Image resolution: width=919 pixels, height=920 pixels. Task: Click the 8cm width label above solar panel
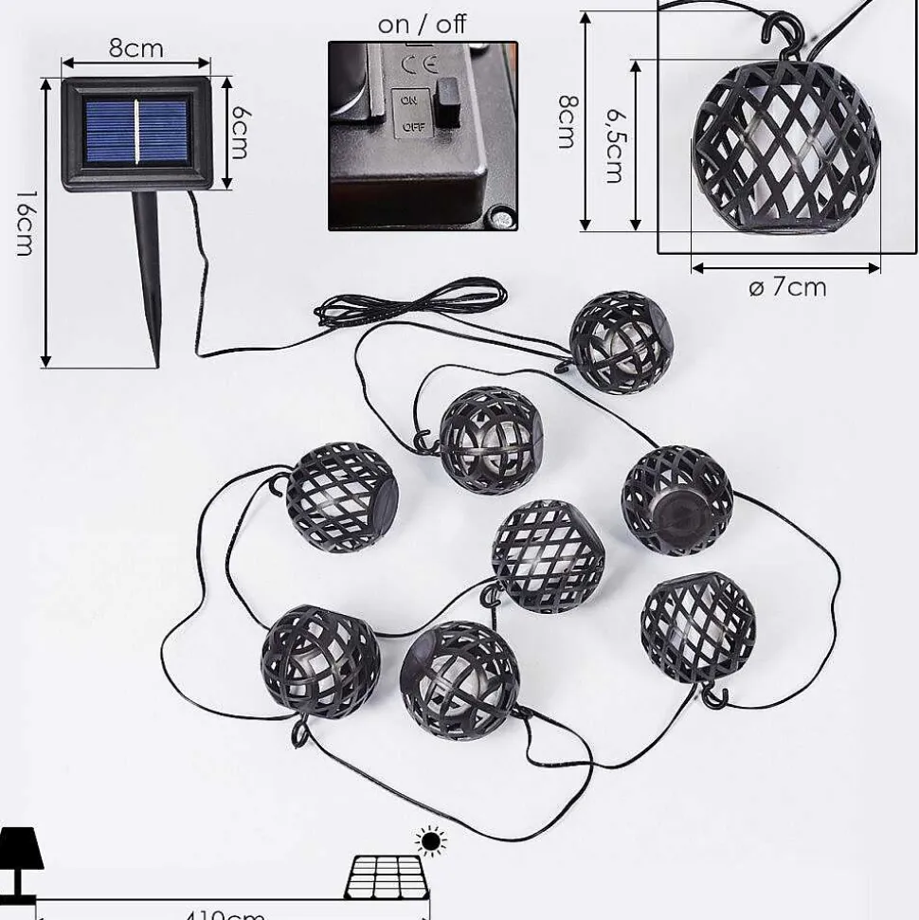[x=135, y=48]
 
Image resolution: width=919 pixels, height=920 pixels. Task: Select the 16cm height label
[x=25, y=223]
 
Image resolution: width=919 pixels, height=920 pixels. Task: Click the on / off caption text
[x=422, y=25]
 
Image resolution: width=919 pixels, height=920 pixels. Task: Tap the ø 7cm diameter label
[x=786, y=287]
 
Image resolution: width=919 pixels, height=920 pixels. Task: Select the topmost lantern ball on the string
[x=622, y=340]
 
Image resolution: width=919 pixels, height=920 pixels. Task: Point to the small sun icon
[x=432, y=840]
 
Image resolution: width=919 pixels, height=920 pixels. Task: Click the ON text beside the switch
[x=409, y=99]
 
